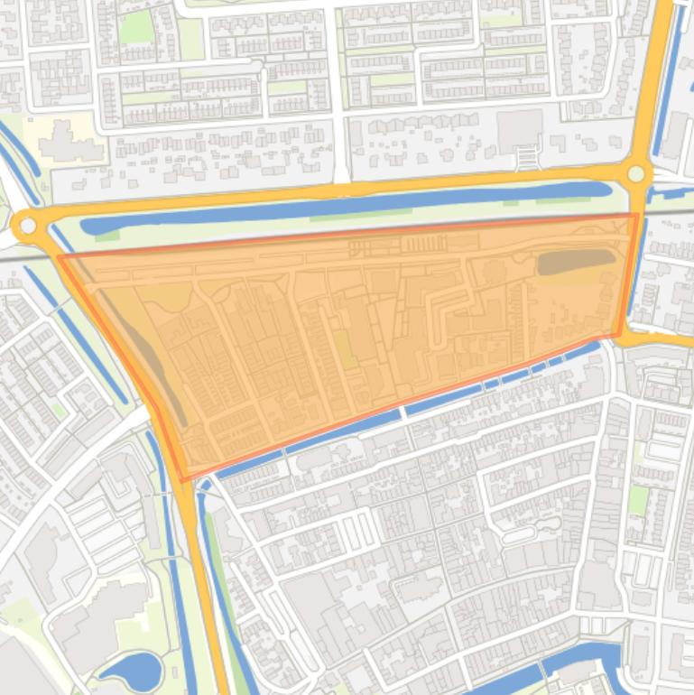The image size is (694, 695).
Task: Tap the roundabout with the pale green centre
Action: [x=636, y=174]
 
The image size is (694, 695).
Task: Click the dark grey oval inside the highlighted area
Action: [x=576, y=262]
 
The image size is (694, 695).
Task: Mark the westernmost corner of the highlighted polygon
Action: [x=60, y=257]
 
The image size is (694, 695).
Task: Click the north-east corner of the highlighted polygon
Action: [x=636, y=215]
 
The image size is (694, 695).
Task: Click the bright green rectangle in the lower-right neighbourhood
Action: [x=638, y=500]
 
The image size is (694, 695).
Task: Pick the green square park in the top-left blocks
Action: [x=136, y=27]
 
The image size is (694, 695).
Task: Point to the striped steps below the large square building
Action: [x=526, y=159]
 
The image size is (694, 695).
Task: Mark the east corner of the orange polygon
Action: [x=619, y=335]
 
